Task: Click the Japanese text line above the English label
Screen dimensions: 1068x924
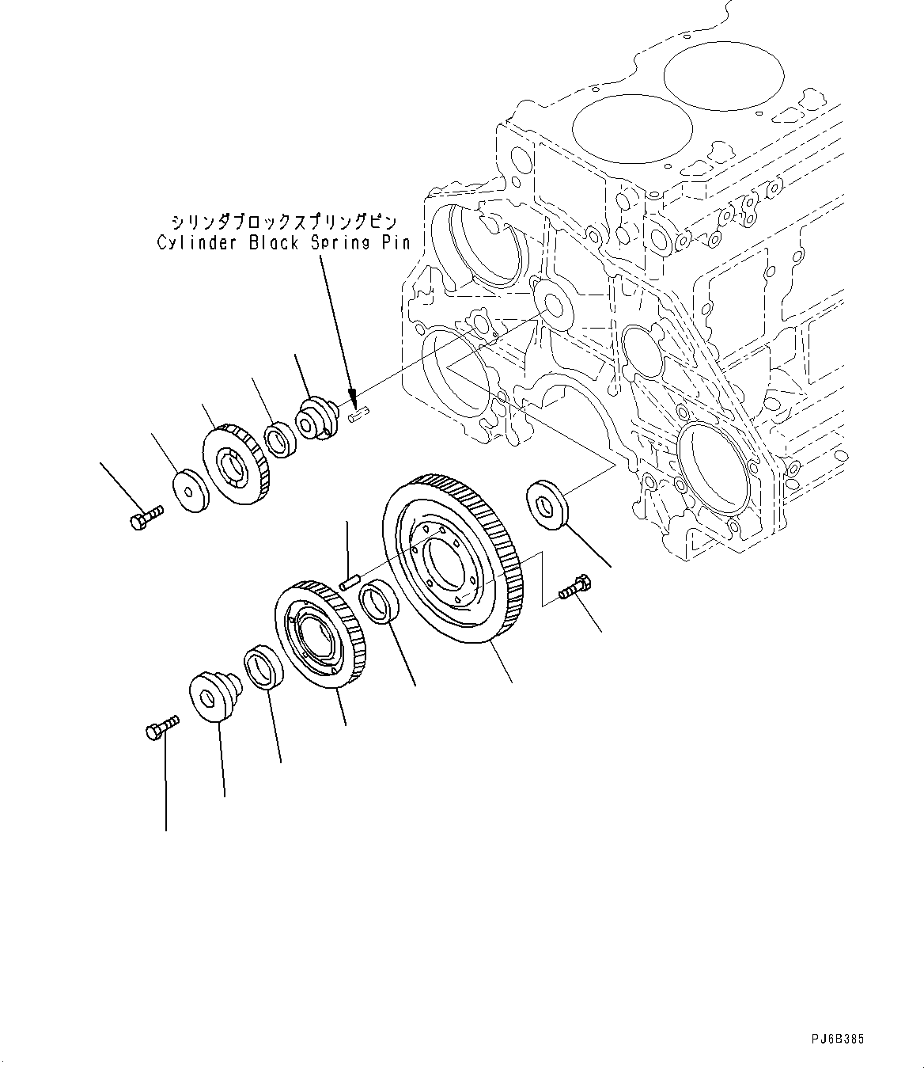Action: [x=282, y=222]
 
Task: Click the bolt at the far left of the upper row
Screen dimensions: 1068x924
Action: [x=143, y=518]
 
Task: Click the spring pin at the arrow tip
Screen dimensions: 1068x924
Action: [x=360, y=411]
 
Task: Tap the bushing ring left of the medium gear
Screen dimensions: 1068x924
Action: [x=263, y=667]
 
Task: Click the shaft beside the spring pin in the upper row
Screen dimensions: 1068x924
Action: [x=318, y=418]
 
